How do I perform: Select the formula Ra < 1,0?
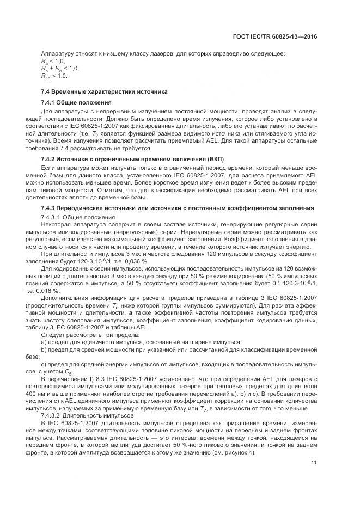(x=53, y=61)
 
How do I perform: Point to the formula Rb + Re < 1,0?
(x=60, y=69)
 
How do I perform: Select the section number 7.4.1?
(x=50, y=102)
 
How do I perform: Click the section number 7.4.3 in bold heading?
(x=50, y=193)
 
